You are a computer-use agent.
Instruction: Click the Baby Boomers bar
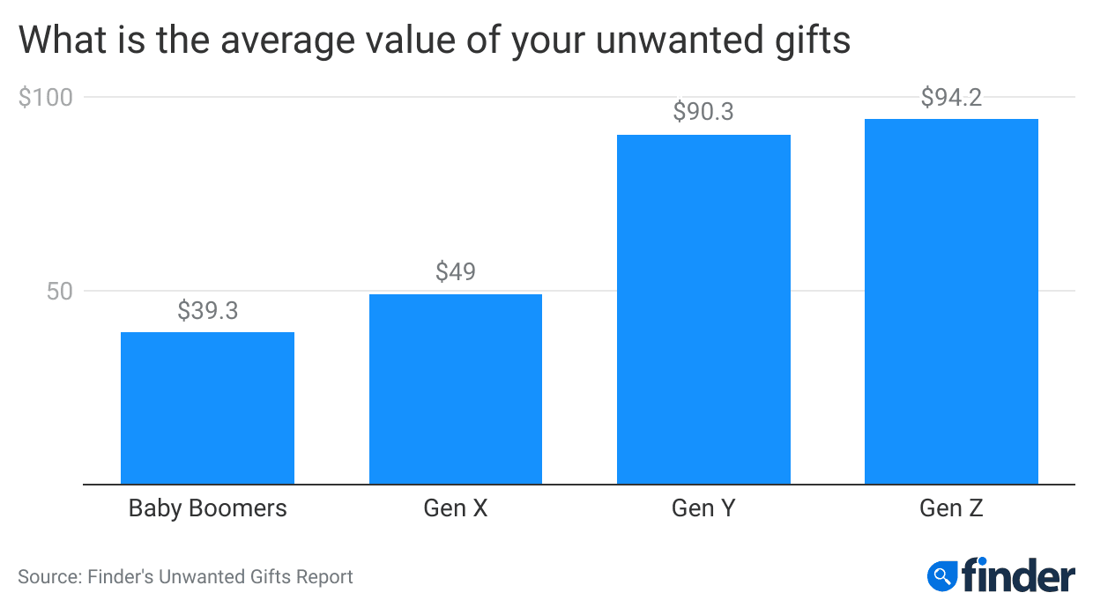[x=207, y=408]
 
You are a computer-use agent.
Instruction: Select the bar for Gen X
[x=455, y=389]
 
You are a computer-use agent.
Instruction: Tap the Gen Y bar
[x=703, y=309]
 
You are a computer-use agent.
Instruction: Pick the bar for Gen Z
[x=951, y=301]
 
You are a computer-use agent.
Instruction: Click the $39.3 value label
[x=207, y=310]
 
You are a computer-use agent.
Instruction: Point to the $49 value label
[x=455, y=271]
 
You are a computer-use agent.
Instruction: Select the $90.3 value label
[x=703, y=112]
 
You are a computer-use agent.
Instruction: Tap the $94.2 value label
[x=951, y=97]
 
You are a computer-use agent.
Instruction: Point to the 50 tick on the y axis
[x=58, y=291]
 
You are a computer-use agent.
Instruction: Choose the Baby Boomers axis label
[x=207, y=508]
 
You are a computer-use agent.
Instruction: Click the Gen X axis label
[x=455, y=508]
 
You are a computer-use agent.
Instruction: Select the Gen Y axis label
[x=703, y=508]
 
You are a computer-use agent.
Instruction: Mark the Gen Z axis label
[x=951, y=508]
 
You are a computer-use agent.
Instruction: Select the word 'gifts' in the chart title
[x=812, y=41]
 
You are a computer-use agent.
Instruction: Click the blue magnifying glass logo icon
[x=942, y=576]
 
